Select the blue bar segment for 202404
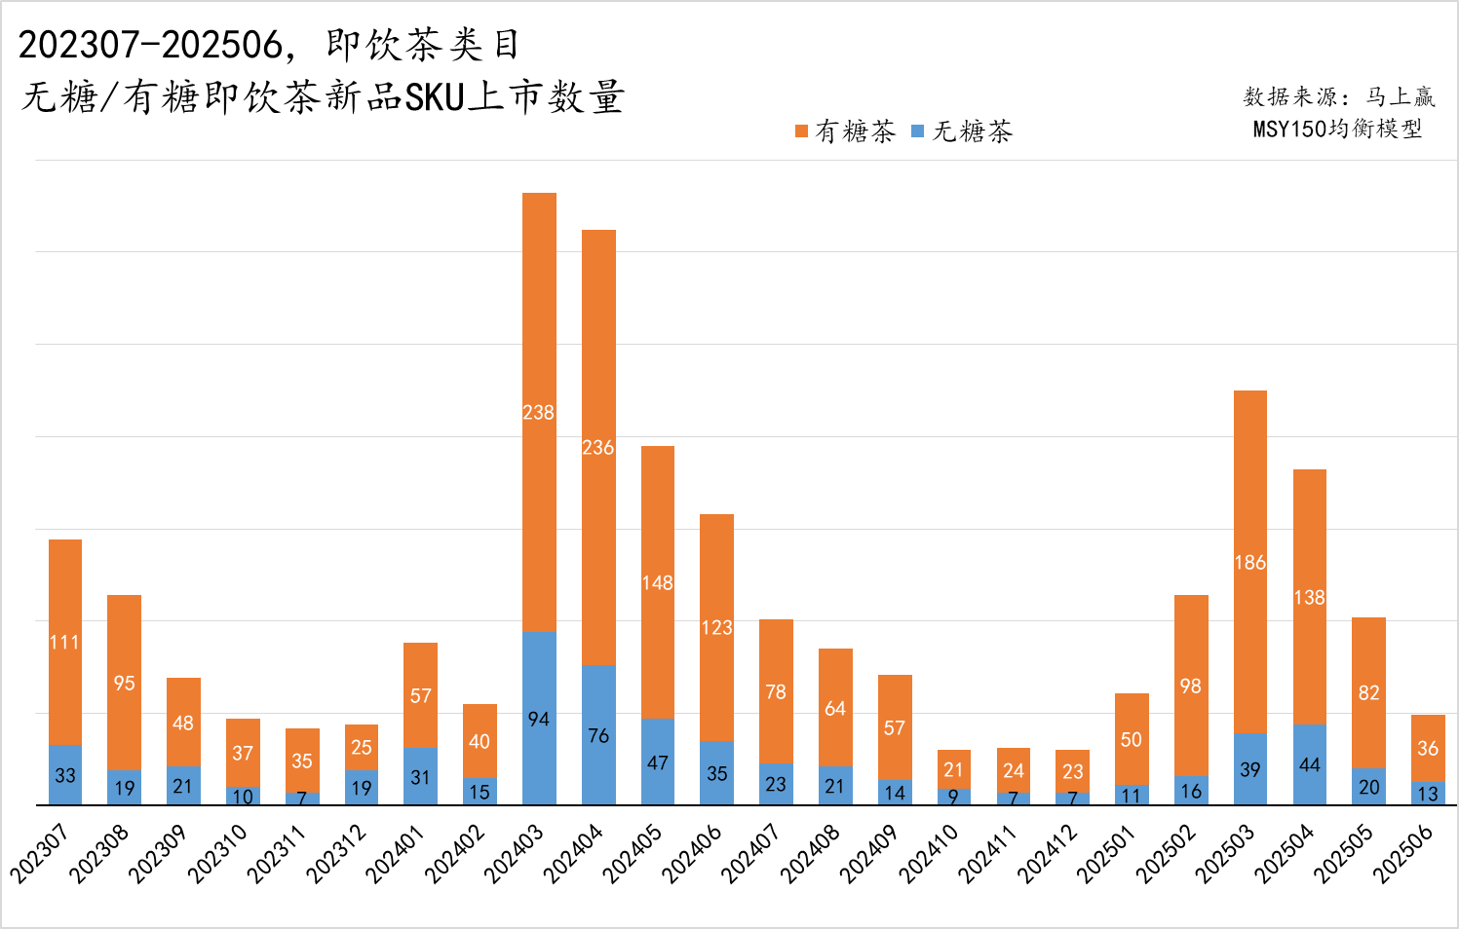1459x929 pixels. click(598, 734)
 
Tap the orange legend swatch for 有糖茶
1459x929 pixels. click(801, 131)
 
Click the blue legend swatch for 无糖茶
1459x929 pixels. click(917, 131)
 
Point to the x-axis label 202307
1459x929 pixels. click(40, 853)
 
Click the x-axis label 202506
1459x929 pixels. click(1403, 853)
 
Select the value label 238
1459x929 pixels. click(538, 413)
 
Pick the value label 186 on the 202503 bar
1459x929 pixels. click(1249, 563)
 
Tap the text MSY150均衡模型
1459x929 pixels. click(1337, 129)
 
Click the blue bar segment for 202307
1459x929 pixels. click(65, 775)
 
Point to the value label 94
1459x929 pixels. click(539, 720)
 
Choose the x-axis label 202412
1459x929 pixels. click(1048, 853)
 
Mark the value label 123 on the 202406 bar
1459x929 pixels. click(716, 628)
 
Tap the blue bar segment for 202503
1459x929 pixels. click(1250, 769)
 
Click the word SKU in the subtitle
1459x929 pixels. click(434, 98)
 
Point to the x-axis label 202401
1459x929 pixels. click(396, 853)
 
